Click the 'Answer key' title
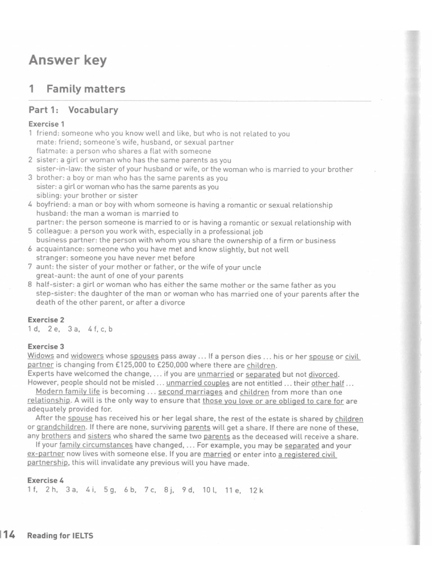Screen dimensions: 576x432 pos(67,60)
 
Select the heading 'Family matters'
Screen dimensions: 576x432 pos(85,89)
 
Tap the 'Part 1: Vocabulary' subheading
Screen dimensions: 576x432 pos(73,110)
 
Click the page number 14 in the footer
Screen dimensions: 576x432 pos(9,534)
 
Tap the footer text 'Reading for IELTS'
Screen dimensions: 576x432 pos(60,536)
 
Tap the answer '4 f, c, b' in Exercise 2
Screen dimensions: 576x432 pos(100,329)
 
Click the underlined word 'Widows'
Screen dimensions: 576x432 pos(40,356)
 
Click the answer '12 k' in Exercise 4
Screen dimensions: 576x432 pos(256,490)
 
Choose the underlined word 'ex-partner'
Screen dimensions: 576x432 pos(46,454)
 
